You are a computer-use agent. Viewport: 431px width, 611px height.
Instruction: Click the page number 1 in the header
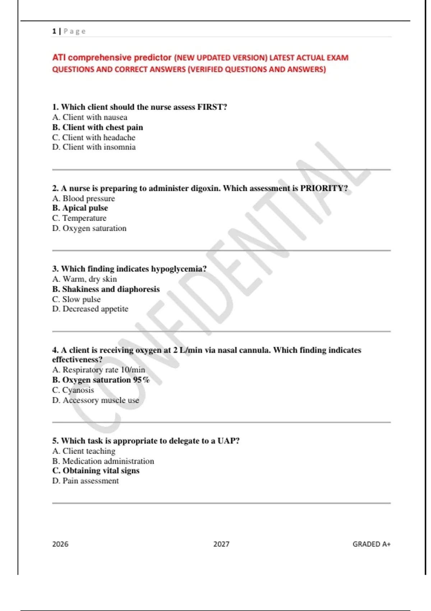point(54,31)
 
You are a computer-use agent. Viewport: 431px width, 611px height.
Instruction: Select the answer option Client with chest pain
point(98,127)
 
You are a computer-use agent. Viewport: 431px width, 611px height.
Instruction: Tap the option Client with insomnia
point(94,147)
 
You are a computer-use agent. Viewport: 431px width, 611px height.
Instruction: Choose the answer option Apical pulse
point(80,208)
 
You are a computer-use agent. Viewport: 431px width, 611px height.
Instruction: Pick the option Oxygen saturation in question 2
point(89,228)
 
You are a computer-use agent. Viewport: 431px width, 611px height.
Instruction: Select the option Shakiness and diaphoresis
point(106,289)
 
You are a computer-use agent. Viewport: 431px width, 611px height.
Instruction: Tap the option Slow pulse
point(77,299)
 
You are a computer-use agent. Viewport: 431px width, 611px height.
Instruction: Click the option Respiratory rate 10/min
point(99,370)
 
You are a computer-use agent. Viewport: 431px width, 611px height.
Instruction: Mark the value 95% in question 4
point(142,380)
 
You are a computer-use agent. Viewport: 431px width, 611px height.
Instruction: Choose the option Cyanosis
point(73,390)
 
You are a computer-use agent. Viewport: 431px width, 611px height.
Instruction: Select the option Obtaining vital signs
point(96,471)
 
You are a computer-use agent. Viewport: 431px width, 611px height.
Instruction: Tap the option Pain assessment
point(85,481)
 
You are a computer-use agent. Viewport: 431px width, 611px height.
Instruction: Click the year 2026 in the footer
point(60,544)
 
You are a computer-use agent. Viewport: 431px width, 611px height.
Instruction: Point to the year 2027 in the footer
point(221,544)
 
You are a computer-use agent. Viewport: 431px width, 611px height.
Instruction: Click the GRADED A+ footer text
point(371,544)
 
